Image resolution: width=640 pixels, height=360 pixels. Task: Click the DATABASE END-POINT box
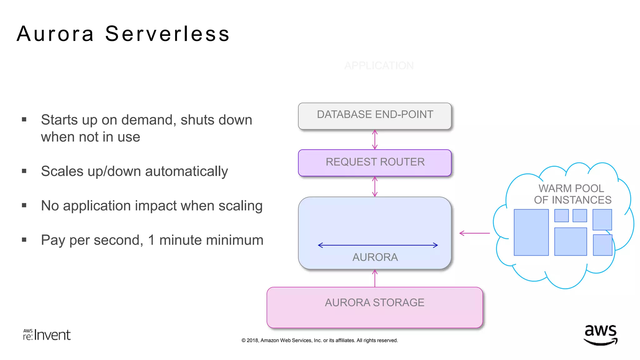coord(375,116)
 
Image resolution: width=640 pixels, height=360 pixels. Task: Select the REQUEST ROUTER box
coord(375,162)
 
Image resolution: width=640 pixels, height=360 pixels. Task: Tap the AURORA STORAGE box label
coord(375,302)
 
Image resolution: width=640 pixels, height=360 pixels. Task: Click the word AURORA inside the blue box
coord(375,257)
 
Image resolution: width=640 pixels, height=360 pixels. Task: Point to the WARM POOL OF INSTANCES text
coord(572,194)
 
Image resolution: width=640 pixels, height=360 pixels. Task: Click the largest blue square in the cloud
coord(531,232)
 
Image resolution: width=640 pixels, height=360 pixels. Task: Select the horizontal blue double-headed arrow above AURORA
coord(377,245)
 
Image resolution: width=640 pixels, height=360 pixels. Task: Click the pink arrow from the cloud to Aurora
coord(474,233)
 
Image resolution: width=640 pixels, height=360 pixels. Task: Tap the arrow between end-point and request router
coord(375,140)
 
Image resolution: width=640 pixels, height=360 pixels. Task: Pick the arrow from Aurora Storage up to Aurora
coord(375,278)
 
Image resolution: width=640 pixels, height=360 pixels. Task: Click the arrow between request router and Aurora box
coord(375,187)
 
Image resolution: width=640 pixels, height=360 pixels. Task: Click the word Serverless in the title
coord(167,34)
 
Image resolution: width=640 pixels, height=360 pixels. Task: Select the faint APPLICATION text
coord(379,66)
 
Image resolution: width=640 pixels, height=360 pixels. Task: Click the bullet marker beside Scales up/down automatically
coord(24,171)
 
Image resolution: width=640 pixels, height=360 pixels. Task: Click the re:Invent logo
coord(47,335)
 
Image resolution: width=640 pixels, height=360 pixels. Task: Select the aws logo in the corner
coord(600,335)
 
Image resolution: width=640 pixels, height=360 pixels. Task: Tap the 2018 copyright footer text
coord(319,340)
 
